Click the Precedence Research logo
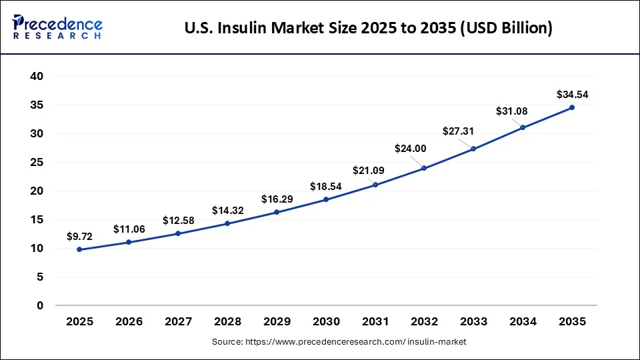[57, 27]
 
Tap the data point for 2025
[80, 249]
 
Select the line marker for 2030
[326, 199]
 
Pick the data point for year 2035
[572, 107]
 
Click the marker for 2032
[424, 168]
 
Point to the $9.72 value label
[80, 236]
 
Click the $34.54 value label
[572, 95]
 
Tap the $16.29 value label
[276, 199]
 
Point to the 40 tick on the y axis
[37, 77]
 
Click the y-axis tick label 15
[37, 220]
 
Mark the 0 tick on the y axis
[40, 306]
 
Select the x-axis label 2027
[178, 322]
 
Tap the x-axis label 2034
[523, 322]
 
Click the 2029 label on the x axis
[277, 322]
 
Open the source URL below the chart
[339, 342]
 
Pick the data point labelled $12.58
[178, 233]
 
